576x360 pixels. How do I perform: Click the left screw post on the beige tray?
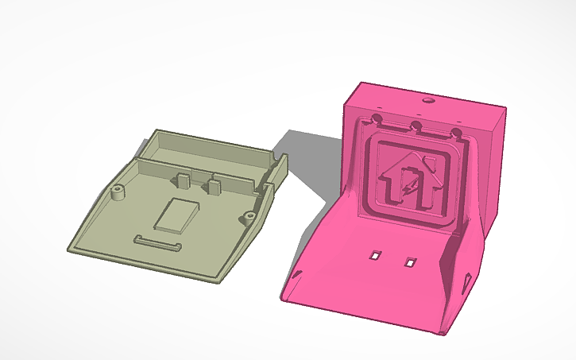pos(118,192)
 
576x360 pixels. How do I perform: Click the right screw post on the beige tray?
pos(249,215)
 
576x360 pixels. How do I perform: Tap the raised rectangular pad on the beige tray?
pos(179,215)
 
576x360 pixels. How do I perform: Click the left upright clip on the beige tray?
pos(181,179)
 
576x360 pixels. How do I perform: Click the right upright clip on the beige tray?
pos(213,186)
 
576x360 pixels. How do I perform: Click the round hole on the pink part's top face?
pos(428,102)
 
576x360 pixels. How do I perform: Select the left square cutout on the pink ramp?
pos(374,255)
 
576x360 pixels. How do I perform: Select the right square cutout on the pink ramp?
pos(410,261)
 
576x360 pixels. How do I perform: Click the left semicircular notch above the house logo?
pos(377,120)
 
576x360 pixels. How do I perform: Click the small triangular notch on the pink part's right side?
pos(466,281)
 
